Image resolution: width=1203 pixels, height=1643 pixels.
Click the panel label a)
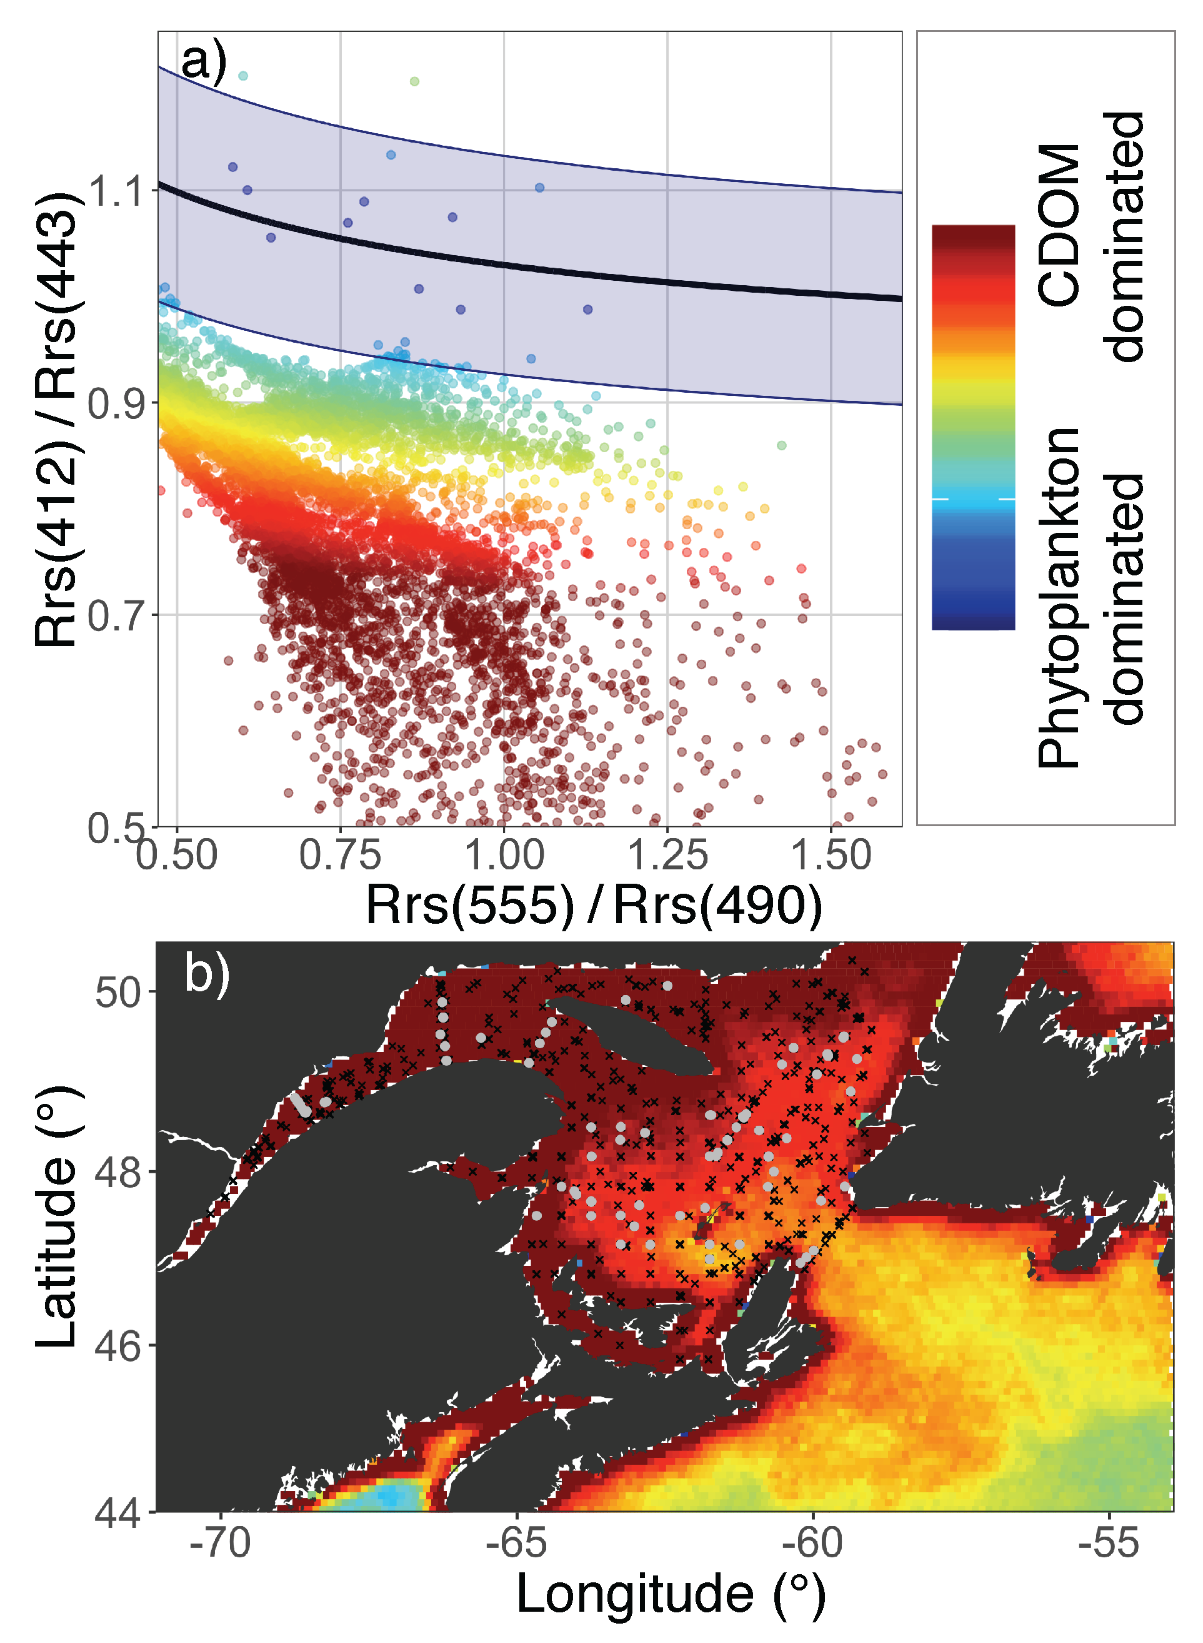pyautogui.click(x=203, y=61)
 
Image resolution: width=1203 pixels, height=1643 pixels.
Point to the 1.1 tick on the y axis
pyautogui.click(x=115, y=191)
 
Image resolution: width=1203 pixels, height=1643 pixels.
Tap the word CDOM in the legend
pyautogui.click(x=1059, y=226)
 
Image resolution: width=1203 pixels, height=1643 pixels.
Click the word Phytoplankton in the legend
pyautogui.click(x=1059, y=597)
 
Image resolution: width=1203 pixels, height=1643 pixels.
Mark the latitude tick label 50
pyautogui.click(x=116, y=993)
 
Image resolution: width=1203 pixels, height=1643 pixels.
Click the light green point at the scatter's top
pyautogui.click(x=414, y=81)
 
